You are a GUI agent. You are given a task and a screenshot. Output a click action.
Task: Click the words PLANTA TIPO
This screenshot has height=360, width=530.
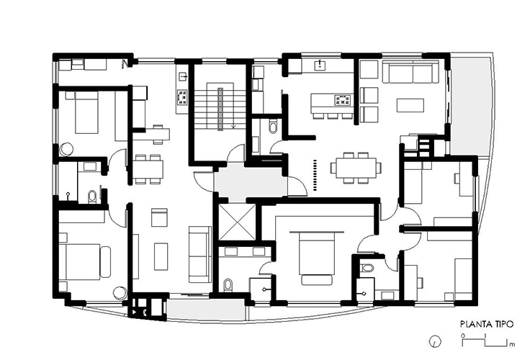(x=486, y=324)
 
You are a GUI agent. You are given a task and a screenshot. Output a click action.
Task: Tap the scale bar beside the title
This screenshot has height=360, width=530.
(x=485, y=342)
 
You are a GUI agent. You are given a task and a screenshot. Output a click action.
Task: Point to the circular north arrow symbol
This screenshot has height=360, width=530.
(x=435, y=341)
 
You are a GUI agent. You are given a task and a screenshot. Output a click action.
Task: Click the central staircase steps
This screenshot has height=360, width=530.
(x=220, y=108)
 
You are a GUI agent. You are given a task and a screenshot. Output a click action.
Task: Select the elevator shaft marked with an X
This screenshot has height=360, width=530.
(x=237, y=222)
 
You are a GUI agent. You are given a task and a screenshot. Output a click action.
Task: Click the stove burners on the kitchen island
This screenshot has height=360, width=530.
(x=343, y=100)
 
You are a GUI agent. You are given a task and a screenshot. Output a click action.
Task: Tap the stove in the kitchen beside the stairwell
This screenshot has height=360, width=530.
(x=182, y=96)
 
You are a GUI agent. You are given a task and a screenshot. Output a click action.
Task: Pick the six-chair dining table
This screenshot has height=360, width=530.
(x=356, y=168)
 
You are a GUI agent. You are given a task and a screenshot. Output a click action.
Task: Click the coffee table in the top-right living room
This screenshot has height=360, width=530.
(x=410, y=105)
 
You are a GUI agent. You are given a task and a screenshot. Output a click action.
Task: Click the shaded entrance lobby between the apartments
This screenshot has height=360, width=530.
(x=250, y=182)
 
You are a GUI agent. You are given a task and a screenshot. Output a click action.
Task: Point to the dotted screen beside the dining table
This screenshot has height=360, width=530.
(x=315, y=175)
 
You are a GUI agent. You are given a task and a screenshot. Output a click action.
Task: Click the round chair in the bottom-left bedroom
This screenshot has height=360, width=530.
(x=120, y=293)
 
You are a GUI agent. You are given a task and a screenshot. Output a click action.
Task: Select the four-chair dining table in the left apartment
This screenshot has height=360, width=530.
(x=148, y=169)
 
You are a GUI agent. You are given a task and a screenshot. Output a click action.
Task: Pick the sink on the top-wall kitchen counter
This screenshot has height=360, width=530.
(x=320, y=65)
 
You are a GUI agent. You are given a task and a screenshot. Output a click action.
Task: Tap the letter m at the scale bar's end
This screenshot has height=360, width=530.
(x=513, y=344)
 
